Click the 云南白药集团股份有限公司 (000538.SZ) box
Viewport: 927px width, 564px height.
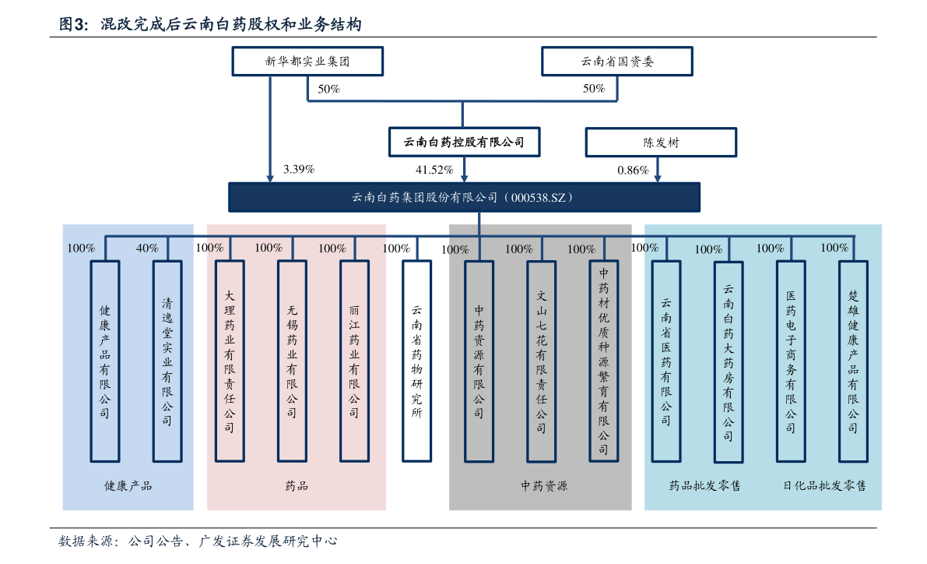pyautogui.click(x=464, y=197)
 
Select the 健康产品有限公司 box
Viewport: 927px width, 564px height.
pyautogui.click(x=105, y=361)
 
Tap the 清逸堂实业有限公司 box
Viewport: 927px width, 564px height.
pyautogui.click(x=167, y=361)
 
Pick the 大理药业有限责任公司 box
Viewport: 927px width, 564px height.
pyautogui.click(x=230, y=361)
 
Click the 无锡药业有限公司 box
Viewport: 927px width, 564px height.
pyautogui.click(x=292, y=361)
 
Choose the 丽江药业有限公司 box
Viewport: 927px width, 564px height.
pyautogui.click(x=354, y=361)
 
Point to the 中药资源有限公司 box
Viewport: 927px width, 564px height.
pyautogui.click(x=479, y=361)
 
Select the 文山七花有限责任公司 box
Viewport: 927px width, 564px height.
pyautogui.click(x=541, y=361)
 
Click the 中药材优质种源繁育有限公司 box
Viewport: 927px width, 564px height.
pyautogui.click(x=603, y=361)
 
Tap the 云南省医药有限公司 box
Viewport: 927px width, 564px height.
pyautogui.click(x=666, y=361)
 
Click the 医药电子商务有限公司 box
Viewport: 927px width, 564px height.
pyautogui.click(x=791, y=361)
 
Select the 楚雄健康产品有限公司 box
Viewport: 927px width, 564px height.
pyautogui.click(x=853, y=361)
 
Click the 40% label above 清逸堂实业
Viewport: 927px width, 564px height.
pyautogui.click(x=147, y=249)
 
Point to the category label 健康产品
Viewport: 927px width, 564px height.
pyautogui.click(x=128, y=486)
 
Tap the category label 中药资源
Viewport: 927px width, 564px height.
pyautogui.click(x=544, y=486)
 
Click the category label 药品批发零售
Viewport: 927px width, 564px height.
pyautogui.click(x=705, y=486)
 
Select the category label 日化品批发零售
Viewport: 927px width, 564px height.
pyautogui.click(x=824, y=486)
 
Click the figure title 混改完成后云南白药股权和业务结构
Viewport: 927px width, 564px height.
pyautogui.click(x=231, y=25)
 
